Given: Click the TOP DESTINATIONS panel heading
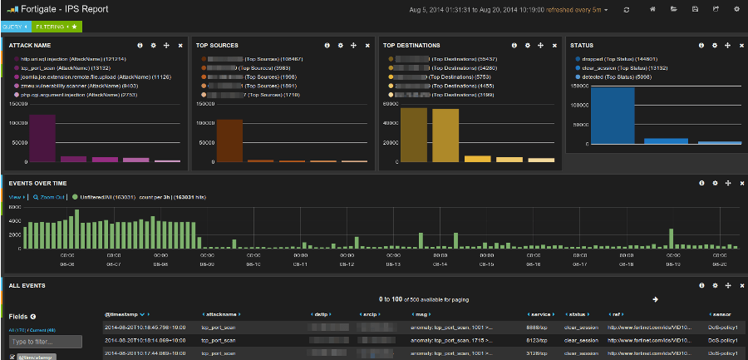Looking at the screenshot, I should (x=413, y=45).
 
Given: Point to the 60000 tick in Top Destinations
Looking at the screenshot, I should (x=390, y=105).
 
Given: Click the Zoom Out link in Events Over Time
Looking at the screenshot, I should (x=43, y=197).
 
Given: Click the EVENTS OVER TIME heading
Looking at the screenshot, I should (x=37, y=183).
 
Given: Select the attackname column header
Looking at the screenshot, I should (x=224, y=315).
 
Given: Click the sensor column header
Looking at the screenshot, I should (x=721, y=315).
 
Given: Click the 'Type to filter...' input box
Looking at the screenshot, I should (x=46, y=342).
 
